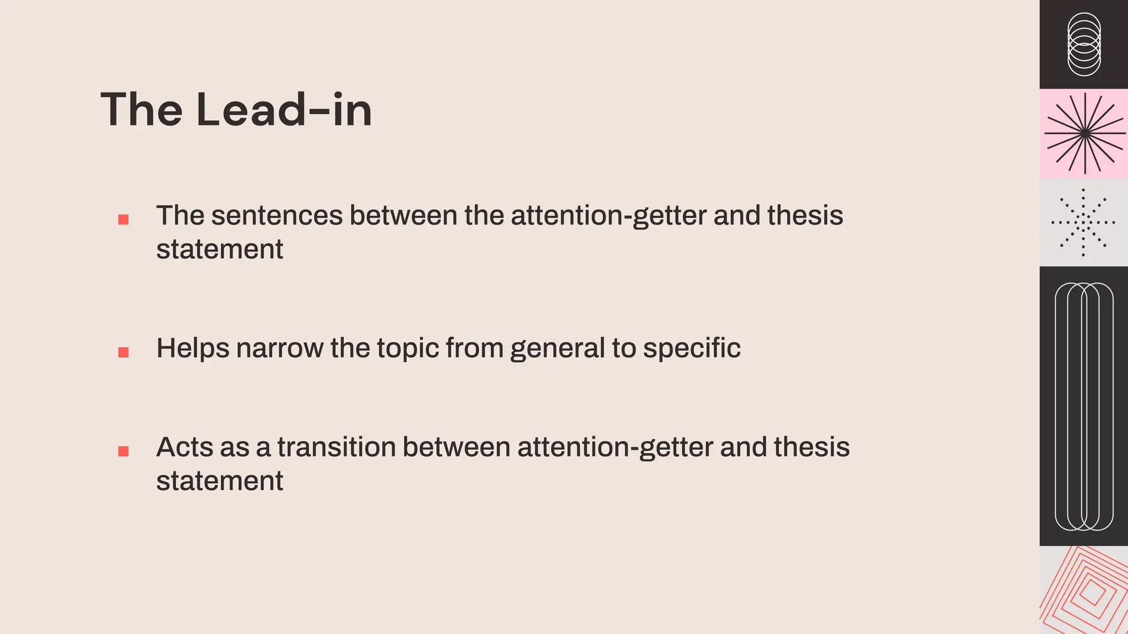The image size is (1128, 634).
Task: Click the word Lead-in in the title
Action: pos(284,110)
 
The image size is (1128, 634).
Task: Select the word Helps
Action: pos(193,348)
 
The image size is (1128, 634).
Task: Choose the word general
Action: pos(557,348)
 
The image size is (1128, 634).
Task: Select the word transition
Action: pos(337,447)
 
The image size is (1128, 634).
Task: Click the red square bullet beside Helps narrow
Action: pos(123,352)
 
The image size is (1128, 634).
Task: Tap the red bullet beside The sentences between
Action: pos(123,220)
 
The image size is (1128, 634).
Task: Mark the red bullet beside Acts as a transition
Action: pos(123,451)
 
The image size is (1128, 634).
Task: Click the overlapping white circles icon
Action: pos(1084,44)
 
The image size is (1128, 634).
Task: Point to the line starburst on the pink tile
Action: pos(1084,133)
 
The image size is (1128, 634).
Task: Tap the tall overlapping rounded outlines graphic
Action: pos(1084,406)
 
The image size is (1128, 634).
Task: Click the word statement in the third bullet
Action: pos(219,481)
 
